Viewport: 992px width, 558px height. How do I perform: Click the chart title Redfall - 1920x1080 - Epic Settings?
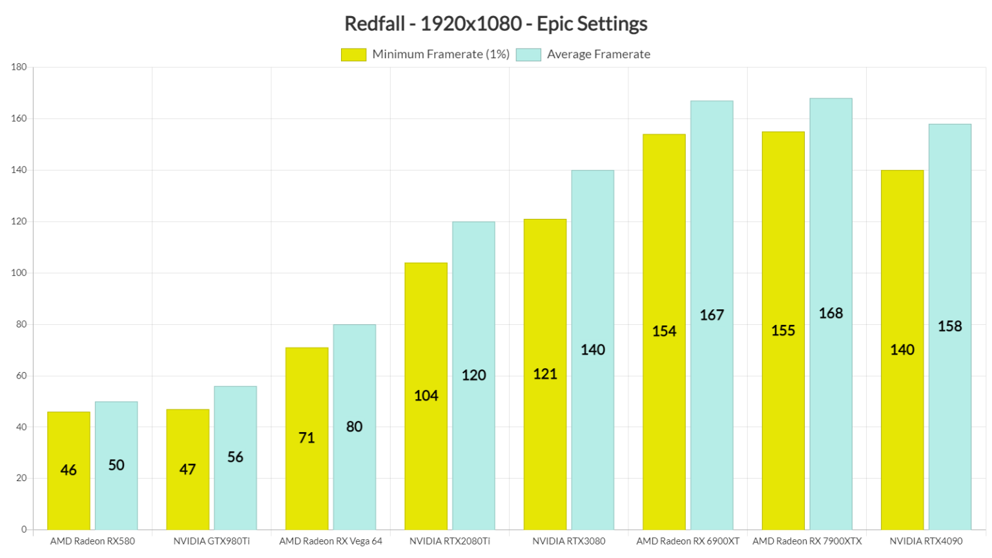(x=495, y=24)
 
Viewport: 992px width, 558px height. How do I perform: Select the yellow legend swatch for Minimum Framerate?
(x=353, y=55)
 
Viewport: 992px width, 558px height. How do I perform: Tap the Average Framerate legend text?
(x=598, y=55)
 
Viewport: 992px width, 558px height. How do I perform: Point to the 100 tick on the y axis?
(x=19, y=273)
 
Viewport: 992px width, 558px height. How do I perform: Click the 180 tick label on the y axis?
(x=19, y=67)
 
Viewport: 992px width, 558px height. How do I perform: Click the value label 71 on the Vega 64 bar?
(x=307, y=438)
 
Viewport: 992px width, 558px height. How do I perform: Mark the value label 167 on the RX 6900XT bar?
(x=712, y=315)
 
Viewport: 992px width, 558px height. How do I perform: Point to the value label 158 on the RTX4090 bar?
(x=949, y=327)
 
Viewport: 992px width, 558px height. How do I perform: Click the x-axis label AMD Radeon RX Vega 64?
(x=331, y=541)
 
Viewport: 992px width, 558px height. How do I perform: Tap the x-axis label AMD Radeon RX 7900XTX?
(x=807, y=541)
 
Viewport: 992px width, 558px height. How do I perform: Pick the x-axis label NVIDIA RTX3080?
(x=568, y=541)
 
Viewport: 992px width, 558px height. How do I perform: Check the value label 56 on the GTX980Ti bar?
(x=235, y=457)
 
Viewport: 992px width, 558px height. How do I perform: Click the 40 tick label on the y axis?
(x=21, y=427)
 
